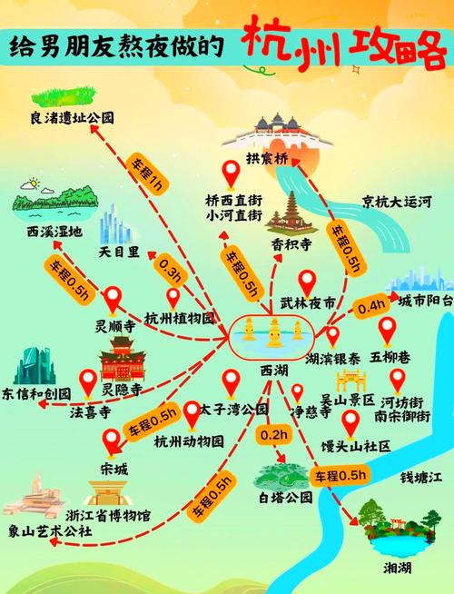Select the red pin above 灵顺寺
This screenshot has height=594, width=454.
pyautogui.click(x=113, y=298)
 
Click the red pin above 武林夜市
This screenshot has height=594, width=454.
pyautogui.click(x=306, y=282)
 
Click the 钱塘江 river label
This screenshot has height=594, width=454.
pyautogui.click(x=421, y=477)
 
